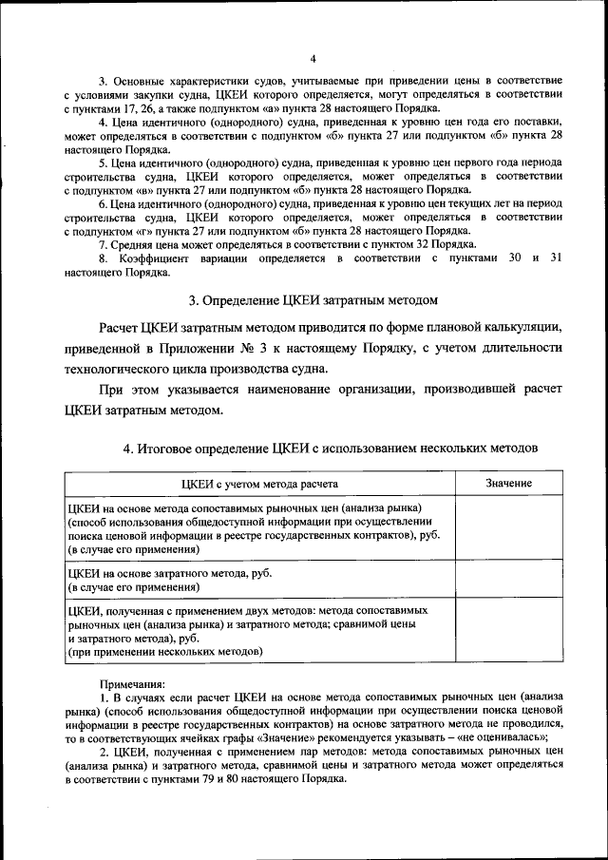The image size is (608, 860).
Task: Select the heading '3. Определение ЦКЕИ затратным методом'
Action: [x=313, y=301]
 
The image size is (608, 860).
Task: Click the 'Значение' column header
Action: [x=508, y=484]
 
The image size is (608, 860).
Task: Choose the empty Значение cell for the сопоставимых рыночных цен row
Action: [x=508, y=529]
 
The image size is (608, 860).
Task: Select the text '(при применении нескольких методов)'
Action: [x=162, y=652]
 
